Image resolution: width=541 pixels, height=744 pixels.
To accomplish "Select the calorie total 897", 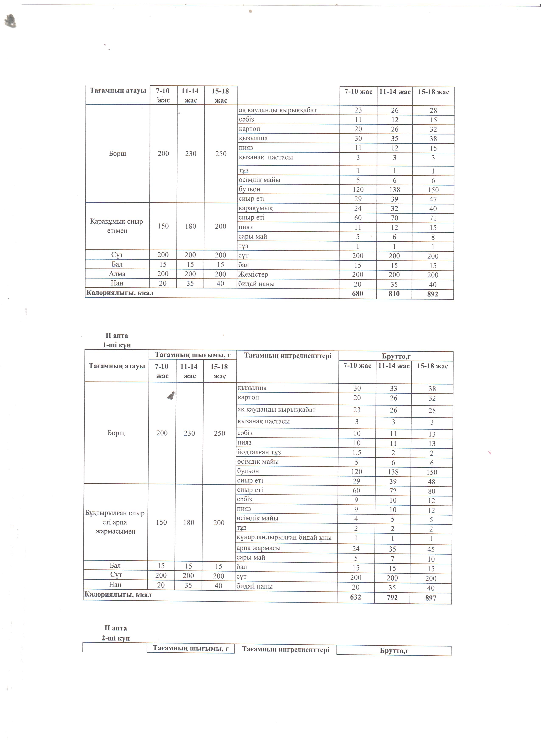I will pyautogui.click(x=430, y=598).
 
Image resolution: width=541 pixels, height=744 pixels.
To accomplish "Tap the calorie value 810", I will pyautogui.click(x=394, y=294).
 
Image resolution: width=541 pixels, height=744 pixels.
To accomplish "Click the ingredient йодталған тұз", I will pyautogui.click(x=259, y=452).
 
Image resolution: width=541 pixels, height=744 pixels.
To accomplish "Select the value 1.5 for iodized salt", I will pyautogui.click(x=357, y=452).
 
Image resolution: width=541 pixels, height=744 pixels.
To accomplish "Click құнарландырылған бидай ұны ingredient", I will pyautogui.click(x=284, y=537).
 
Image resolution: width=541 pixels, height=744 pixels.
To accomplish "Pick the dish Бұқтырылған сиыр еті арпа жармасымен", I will pyautogui.click(x=115, y=522).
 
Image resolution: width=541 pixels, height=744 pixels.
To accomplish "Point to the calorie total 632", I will pyautogui.click(x=355, y=597).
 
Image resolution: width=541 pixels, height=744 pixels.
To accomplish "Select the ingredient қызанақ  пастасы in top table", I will pyautogui.click(x=265, y=157).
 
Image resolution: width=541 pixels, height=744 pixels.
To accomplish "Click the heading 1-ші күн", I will pyautogui.click(x=117, y=345).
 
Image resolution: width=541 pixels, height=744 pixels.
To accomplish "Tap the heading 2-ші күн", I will pyautogui.click(x=115, y=638).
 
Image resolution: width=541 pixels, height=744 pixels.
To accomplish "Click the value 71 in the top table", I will pyautogui.click(x=433, y=218).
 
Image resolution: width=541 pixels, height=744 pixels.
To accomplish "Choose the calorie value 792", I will pyautogui.click(x=392, y=597).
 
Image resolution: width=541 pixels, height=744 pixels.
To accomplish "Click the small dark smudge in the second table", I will pyautogui.click(x=171, y=396).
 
